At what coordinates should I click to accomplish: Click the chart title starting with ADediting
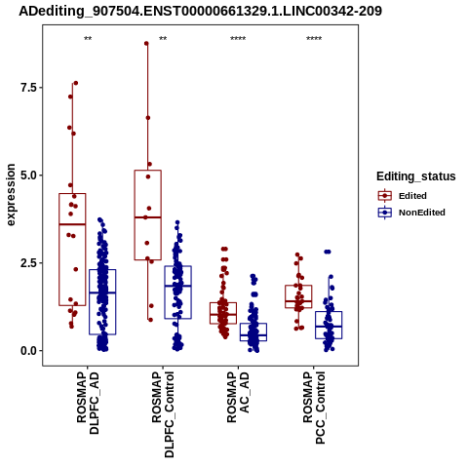click(x=200, y=11)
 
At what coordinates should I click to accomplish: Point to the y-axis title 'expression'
click(x=11, y=195)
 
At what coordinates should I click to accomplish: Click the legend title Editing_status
click(x=416, y=176)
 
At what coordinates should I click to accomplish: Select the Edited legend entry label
click(x=412, y=196)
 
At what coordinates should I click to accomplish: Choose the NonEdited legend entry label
click(x=422, y=213)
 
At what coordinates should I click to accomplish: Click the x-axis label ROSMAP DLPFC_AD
click(x=88, y=403)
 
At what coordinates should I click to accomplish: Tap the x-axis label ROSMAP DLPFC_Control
click(x=163, y=414)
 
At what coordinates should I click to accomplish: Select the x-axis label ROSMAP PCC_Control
click(x=314, y=409)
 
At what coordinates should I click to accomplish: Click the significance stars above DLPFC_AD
click(x=88, y=39)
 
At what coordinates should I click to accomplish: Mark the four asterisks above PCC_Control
click(x=314, y=39)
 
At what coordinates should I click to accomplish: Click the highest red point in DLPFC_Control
click(x=146, y=44)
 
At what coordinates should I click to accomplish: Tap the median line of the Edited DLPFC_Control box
click(x=148, y=217)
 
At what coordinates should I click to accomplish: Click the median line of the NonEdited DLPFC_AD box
click(x=102, y=292)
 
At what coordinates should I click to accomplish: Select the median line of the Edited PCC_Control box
click(x=298, y=301)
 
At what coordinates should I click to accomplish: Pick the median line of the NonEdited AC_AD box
click(x=253, y=335)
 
